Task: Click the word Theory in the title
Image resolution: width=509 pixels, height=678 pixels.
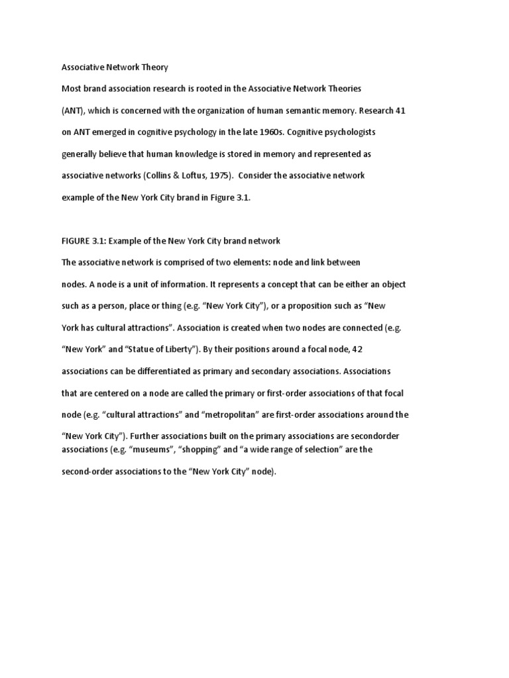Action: tap(153, 67)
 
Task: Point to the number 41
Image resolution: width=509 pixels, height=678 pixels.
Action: tap(399, 111)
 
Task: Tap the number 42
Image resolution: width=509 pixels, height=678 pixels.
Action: tap(358, 349)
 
